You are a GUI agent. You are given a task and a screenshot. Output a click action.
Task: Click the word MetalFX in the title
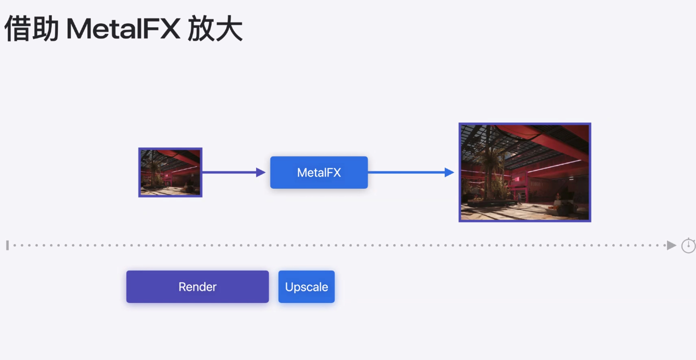123,29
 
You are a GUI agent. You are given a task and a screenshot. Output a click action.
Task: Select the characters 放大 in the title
215,29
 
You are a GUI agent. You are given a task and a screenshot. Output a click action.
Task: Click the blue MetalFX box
319,173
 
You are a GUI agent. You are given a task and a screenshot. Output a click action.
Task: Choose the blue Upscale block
306,287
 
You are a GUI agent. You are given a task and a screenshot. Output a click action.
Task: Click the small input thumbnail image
170,173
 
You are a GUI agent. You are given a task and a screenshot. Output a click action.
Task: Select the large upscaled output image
525,173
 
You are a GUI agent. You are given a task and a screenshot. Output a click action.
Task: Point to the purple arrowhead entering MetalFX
260,173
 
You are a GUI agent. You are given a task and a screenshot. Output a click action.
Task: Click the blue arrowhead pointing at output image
449,173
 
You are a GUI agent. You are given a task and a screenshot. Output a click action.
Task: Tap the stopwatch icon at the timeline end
688,245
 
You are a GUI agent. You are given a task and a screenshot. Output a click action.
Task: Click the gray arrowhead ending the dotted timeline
671,245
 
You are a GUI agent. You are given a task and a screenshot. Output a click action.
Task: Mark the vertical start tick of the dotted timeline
7,245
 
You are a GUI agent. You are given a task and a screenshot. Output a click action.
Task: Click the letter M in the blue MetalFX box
302,173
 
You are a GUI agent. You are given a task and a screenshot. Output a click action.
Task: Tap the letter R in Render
182,287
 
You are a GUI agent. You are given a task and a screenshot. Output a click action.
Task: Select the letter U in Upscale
289,287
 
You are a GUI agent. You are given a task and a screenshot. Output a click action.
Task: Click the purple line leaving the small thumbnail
229,173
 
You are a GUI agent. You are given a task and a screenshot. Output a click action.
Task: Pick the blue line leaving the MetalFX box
405,173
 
